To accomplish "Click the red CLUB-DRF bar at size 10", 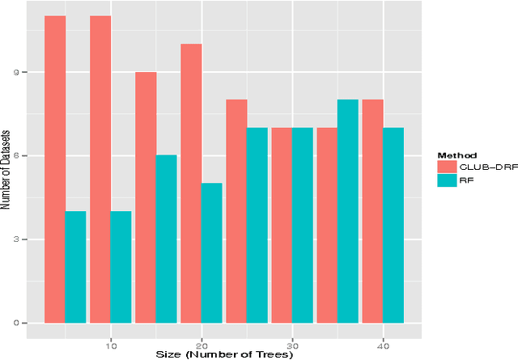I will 100,169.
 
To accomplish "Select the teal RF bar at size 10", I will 121,267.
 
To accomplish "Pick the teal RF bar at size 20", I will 211,253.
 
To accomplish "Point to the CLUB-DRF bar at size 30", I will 282,225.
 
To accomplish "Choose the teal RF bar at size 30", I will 302,225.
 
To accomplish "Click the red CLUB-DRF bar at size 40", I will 372,211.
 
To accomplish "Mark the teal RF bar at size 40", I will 393,225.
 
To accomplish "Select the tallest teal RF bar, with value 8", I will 347,211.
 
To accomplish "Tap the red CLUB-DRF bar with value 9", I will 146,197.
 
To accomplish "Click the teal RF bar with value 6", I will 166,239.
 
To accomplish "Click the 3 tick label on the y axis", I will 25,239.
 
